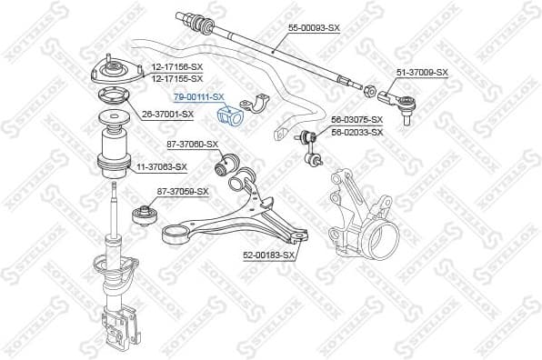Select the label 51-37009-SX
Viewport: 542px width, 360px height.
pos(421,72)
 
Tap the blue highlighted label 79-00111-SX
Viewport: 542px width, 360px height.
pos(198,96)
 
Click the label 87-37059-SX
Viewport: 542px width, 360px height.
pos(183,191)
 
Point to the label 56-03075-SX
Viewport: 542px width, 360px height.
pos(356,120)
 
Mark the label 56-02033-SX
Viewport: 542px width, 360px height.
pos(356,132)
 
